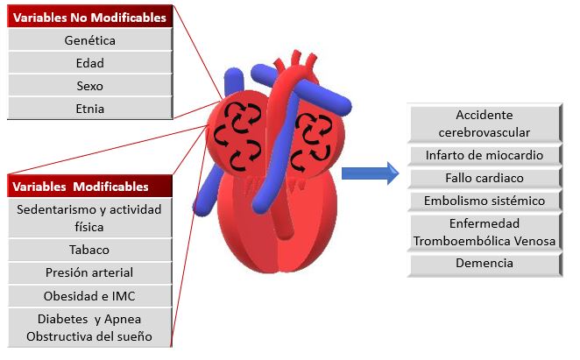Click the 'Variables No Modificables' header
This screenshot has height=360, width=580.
(89, 18)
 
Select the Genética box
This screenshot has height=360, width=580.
(89, 40)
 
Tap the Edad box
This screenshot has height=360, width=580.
(89, 63)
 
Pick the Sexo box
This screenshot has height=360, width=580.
(89, 86)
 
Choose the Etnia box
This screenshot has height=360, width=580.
(89, 109)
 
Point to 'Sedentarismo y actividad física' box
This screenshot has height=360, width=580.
(89, 217)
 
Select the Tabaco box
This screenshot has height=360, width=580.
(89, 249)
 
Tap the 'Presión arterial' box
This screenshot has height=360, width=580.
(89, 272)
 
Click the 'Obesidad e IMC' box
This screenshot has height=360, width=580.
(89, 296)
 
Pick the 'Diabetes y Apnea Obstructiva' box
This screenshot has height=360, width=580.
(89, 327)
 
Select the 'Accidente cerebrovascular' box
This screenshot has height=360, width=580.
(485, 124)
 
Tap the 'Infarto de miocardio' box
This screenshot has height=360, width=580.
(485, 155)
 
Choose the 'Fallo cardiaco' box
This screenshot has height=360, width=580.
(485, 178)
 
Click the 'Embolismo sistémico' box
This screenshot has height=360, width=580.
(485, 201)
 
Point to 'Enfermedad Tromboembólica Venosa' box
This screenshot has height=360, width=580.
(485, 232)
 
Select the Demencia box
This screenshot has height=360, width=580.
(485, 263)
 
